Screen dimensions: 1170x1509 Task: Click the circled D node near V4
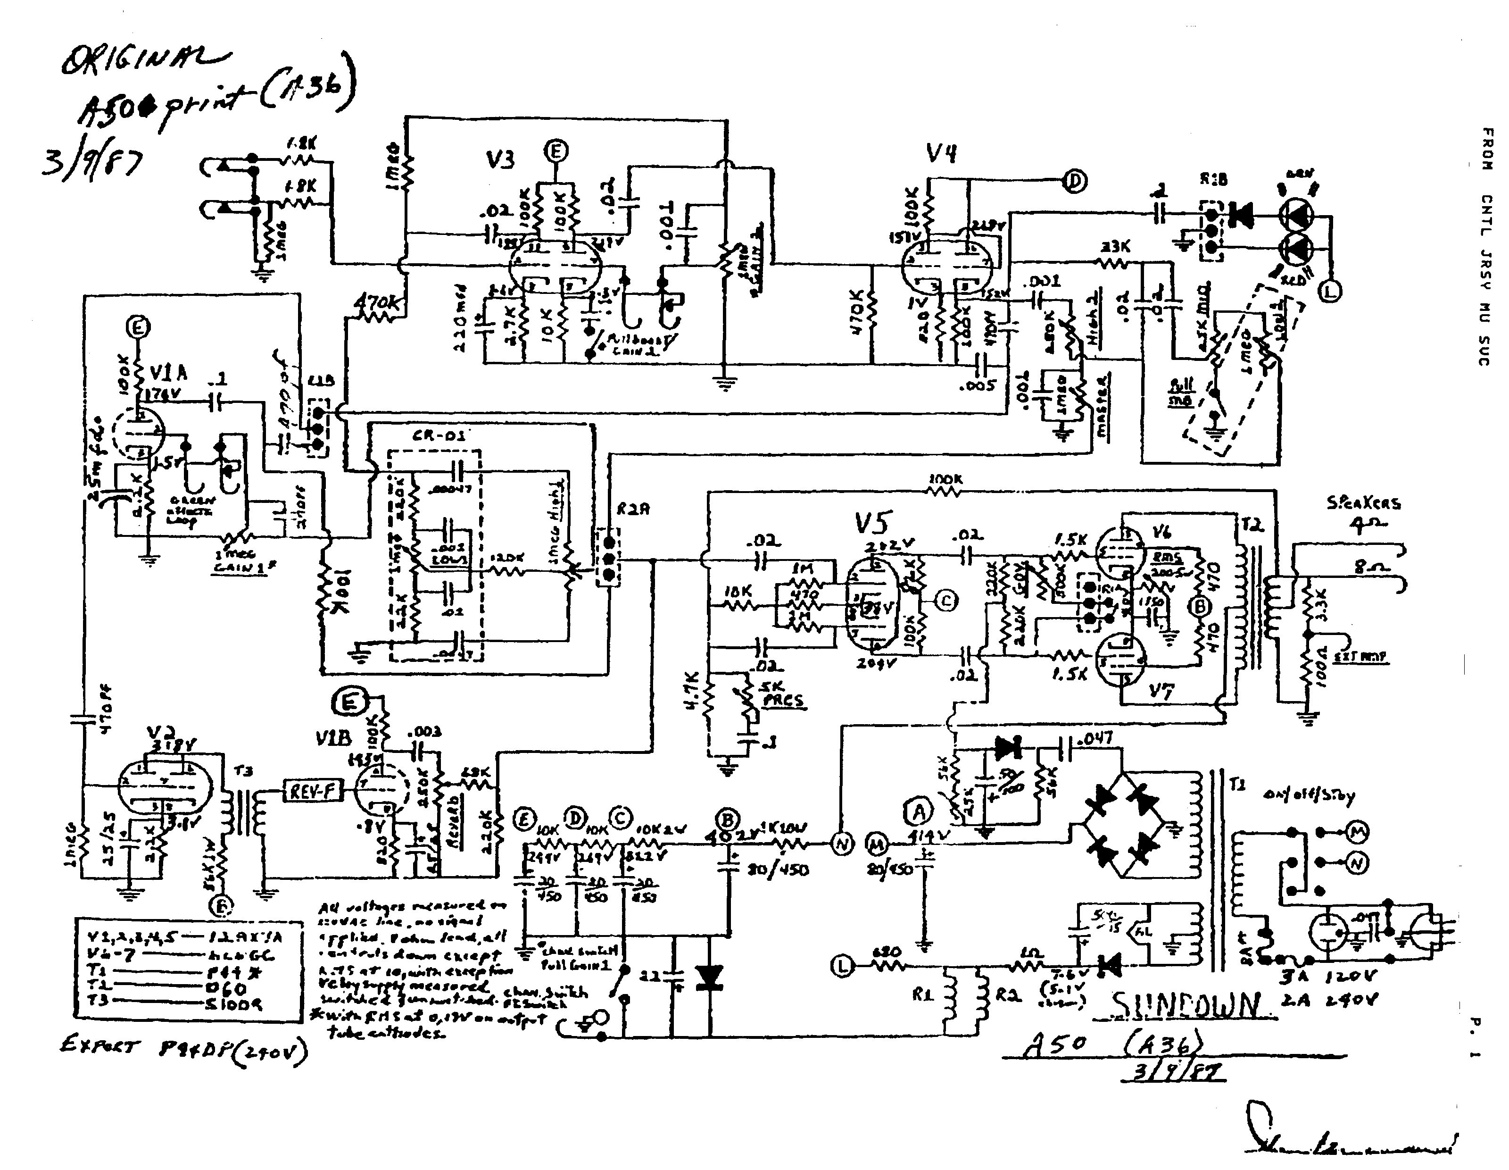click(1074, 181)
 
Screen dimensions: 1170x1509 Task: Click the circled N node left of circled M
click(842, 844)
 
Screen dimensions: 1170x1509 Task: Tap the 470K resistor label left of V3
click(377, 302)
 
